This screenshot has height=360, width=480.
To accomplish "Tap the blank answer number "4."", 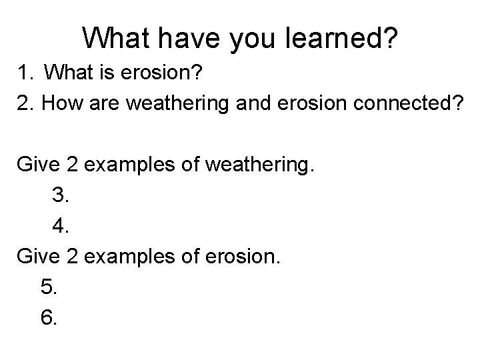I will (61, 227).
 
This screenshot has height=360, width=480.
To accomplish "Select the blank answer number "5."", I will (49, 287).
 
